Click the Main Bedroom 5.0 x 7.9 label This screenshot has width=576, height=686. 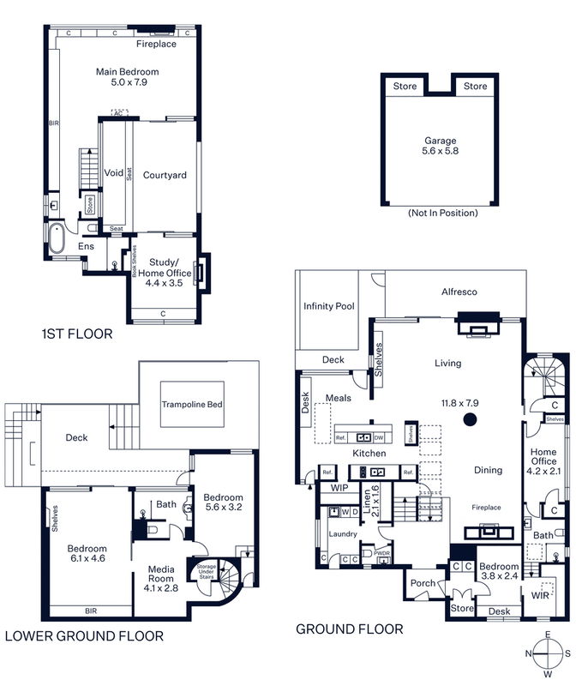coord(127,78)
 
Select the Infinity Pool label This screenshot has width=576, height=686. coord(329,306)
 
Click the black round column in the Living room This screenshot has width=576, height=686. coord(469,419)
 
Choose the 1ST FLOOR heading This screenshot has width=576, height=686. coord(77,334)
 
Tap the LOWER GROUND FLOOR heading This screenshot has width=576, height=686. coord(84,636)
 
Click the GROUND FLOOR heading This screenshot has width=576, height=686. coord(349,629)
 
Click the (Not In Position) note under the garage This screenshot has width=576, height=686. coord(442,213)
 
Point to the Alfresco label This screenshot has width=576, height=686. coord(459,292)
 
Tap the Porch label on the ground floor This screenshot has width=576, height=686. coord(422,583)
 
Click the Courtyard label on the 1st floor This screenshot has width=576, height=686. coord(165,176)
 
